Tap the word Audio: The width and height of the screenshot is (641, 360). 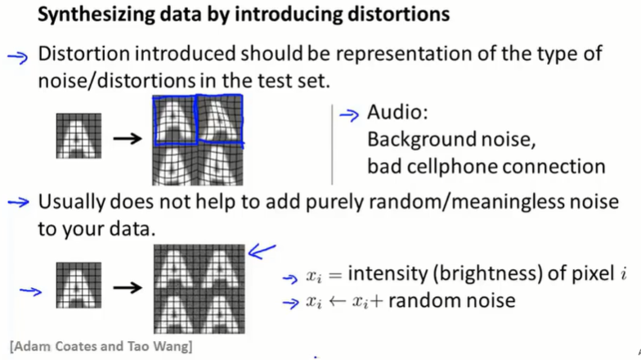(397, 114)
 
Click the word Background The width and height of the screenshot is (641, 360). (419, 140)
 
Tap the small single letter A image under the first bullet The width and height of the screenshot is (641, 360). (78, 137)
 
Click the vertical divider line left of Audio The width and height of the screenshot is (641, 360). (332, 144)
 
